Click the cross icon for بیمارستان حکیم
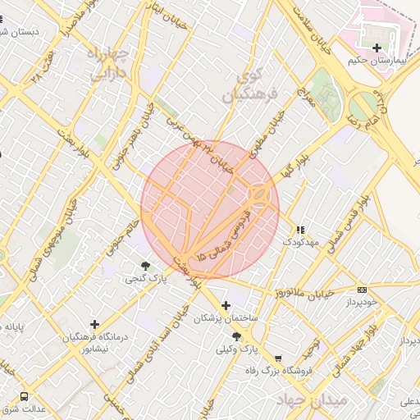(x=377, y=48)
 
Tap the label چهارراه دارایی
(x=108, y=64)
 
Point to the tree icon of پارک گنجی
(x=146, y=266)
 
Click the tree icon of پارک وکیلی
(x=237, y=336)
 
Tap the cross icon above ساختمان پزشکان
(x=226, y=305)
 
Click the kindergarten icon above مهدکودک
(x=301, y=230)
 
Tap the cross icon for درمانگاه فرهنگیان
(x=95, y=325)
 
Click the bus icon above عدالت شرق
(x=23, y=396)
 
